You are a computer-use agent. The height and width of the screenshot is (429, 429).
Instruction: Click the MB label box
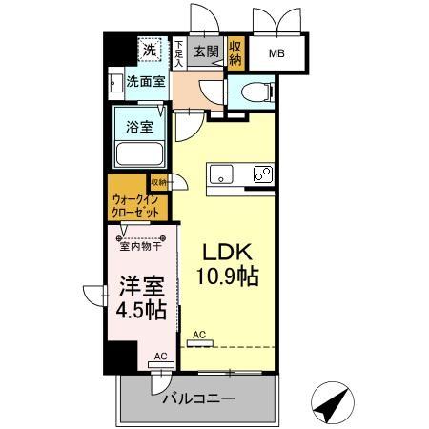coord(278,55)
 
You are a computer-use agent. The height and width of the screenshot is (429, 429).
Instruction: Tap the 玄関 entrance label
coord(205,51)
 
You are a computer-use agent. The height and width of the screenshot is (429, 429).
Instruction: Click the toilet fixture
coord(255,93)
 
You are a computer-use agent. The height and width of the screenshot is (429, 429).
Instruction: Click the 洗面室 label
coord(146,82)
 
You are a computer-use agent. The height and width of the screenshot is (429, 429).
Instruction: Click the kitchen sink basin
coord(221,174)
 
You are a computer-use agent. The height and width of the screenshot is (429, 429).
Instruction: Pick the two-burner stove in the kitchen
coord(261,175)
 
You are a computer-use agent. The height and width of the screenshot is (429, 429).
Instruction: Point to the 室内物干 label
coord(137,247)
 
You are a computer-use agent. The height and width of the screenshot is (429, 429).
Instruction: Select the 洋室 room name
coord(139,286)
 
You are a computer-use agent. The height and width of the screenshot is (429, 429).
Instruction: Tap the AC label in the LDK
coord(198,335)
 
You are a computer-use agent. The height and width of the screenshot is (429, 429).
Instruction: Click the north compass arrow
coord(331,406)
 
